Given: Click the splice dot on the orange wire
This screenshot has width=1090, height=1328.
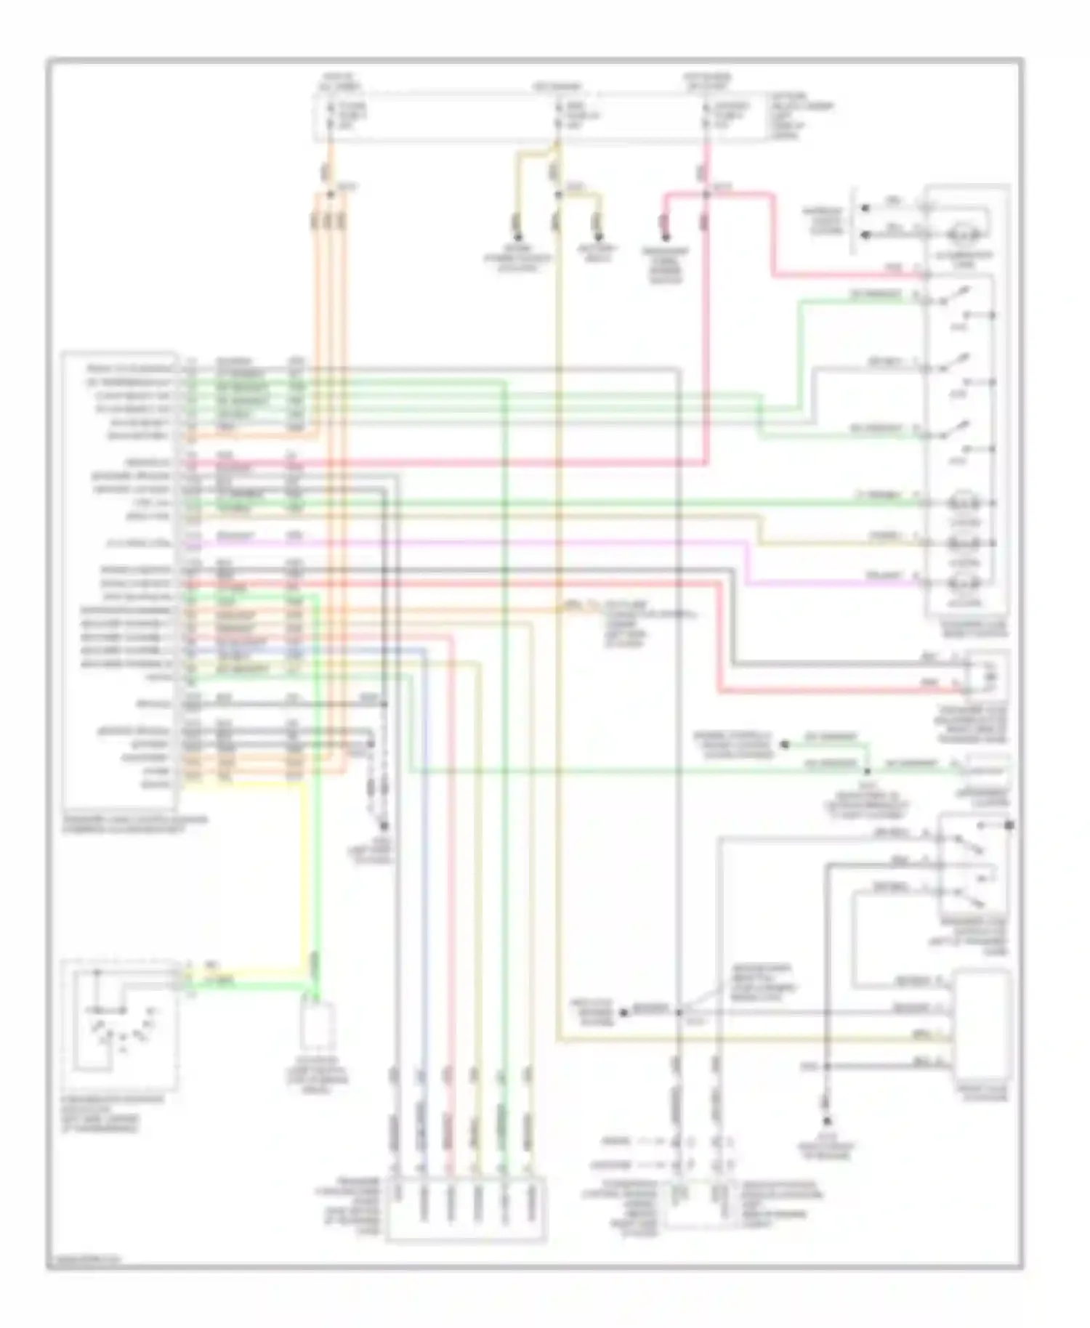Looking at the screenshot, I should coord(330,194).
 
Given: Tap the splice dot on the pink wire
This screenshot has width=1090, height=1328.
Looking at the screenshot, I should coord(706,194).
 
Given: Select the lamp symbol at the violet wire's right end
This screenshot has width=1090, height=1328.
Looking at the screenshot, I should coord(964,582).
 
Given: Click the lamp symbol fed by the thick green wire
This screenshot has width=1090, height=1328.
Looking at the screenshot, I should coord(964,503).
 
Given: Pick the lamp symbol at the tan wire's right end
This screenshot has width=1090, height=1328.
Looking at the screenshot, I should coord(964,543).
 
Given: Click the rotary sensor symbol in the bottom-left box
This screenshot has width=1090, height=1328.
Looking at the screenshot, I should coord(120,1024).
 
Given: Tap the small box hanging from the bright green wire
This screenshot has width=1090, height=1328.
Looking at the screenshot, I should coord(317,1027).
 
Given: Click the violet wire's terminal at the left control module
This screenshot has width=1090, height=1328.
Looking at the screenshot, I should coord(190,543).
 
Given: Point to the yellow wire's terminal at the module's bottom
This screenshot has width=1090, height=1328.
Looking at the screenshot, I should coord(190,784).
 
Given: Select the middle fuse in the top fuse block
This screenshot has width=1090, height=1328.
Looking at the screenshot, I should coord(558,116).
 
